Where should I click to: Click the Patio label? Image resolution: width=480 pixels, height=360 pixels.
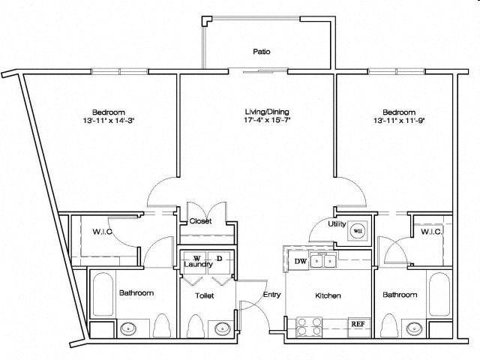262,52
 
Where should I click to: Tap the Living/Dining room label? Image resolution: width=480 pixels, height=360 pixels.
267,112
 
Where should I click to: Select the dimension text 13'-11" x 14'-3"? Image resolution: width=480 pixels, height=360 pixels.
109,120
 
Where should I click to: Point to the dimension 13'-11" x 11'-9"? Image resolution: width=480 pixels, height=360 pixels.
399,120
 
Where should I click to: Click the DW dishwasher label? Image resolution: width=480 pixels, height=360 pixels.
300,262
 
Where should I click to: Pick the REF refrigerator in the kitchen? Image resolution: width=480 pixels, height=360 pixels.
358,323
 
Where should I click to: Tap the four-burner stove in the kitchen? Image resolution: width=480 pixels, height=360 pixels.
310,327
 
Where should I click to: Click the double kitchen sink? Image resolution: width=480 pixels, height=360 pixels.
323,261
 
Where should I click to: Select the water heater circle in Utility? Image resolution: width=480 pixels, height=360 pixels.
357,231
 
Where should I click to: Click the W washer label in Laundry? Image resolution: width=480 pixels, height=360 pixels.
196,259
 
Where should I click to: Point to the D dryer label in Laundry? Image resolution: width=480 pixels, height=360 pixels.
219,258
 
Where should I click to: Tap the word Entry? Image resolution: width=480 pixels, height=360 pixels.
271,295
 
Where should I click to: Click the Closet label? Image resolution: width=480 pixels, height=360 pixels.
200,220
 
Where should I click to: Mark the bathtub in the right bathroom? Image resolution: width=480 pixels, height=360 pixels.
439,295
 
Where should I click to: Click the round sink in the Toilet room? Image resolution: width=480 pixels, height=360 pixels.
221,328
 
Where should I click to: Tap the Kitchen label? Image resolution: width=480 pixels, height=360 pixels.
328,295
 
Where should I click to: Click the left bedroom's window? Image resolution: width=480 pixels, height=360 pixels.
120,72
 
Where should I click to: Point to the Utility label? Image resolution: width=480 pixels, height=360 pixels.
337,223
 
